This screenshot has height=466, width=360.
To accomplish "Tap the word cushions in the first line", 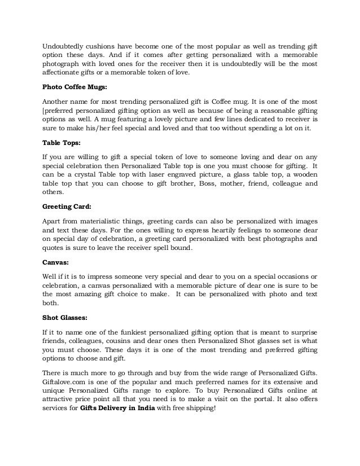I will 102,45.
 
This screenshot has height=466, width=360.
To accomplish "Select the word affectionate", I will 63,72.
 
